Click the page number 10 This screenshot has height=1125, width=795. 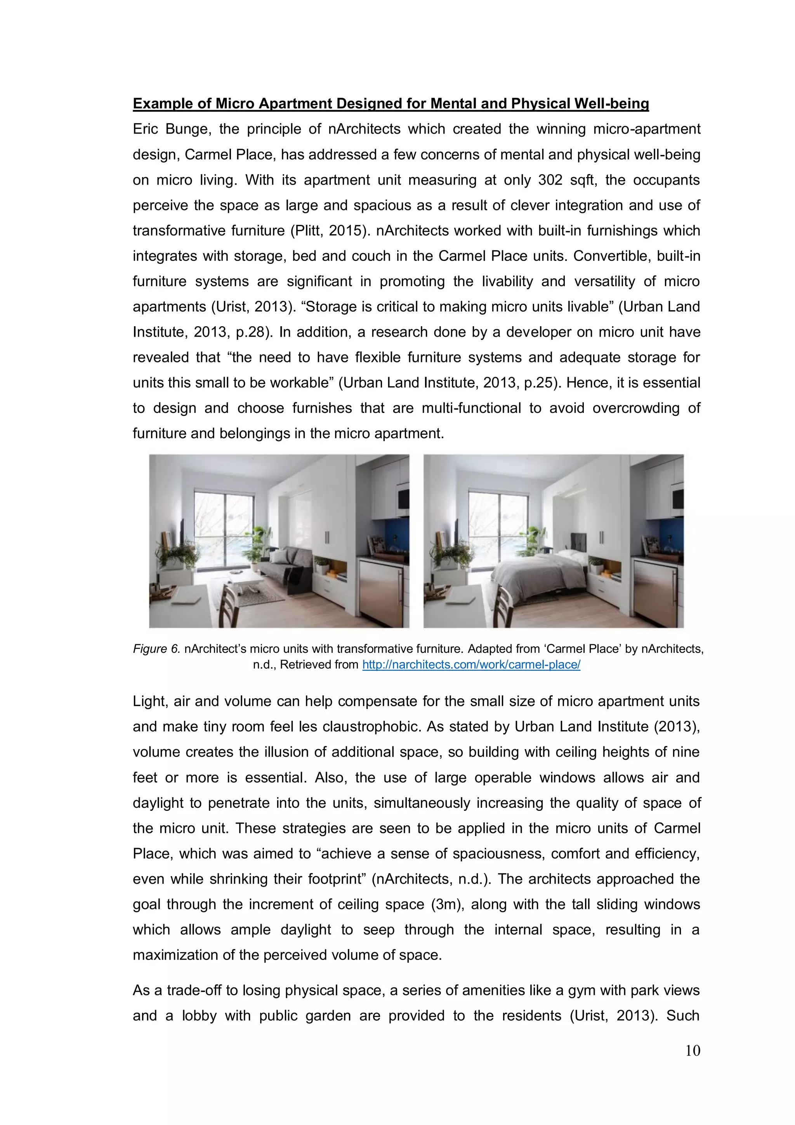[693, 1050]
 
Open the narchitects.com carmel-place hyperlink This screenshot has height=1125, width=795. [471, 665]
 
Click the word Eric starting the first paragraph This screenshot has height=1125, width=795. [145, 129]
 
